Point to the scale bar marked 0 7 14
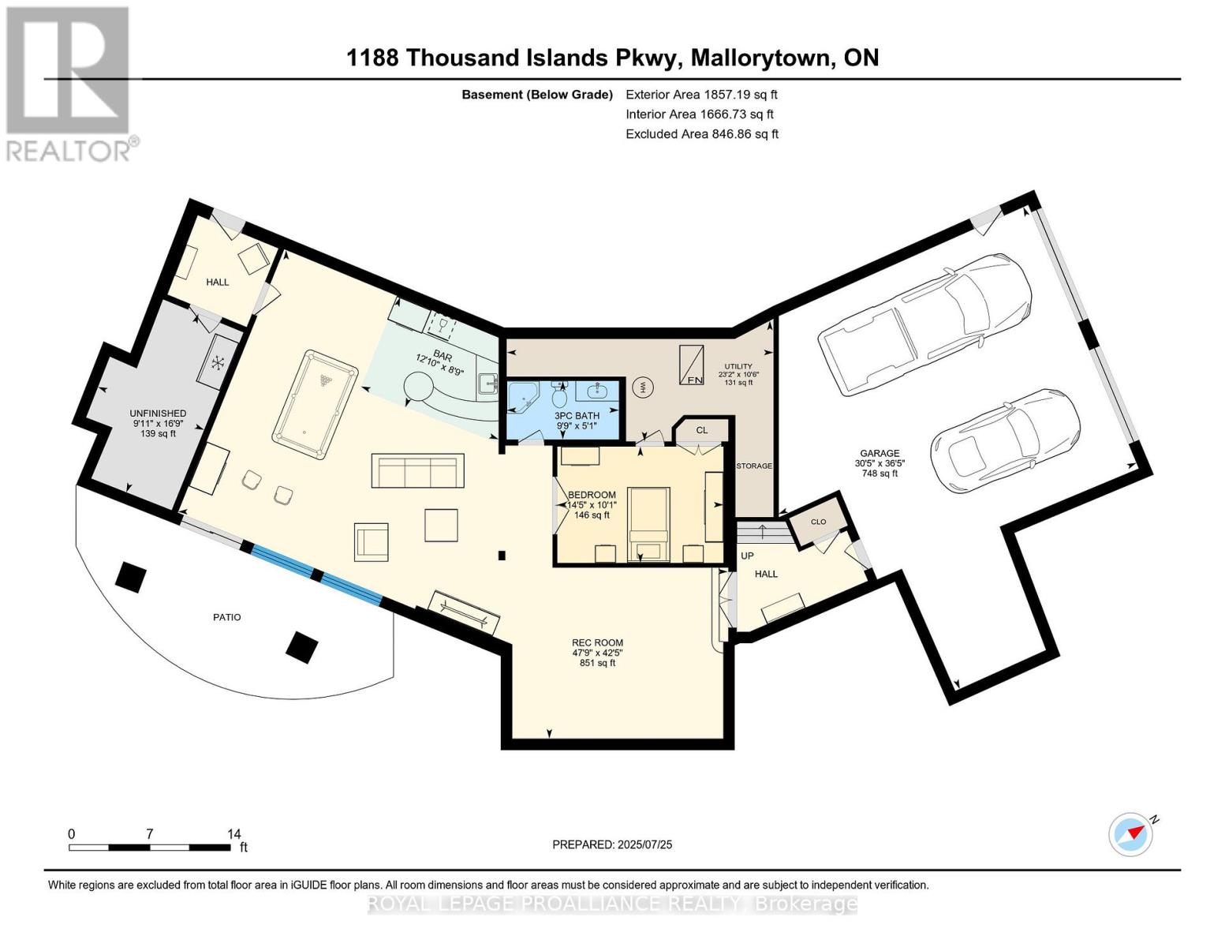click(x=149, y=847)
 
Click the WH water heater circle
click(x=643, y=387)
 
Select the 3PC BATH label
click(x=577, y=416)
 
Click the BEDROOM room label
click(x=592, y=495)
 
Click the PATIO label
click(x=226, y=617)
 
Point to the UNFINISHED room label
click(x=159, y=414)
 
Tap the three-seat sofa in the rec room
click(x=417, y=471)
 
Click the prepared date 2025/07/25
click(x=612, y=844)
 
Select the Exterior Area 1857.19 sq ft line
click(x=700, y=95)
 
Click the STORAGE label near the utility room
click(x=754, y=466)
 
